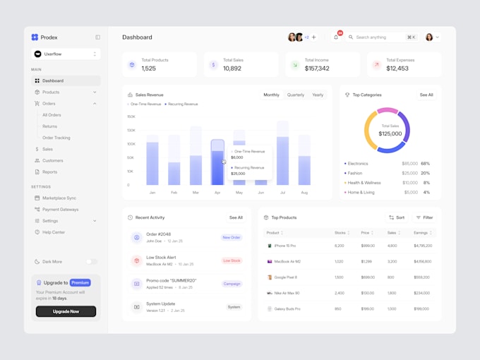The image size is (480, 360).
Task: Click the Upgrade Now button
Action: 66,311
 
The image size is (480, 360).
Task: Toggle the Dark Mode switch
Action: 92,262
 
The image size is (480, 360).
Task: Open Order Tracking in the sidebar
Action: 56,138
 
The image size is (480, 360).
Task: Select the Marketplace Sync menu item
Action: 59,198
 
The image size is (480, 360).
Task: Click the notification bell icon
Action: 336,37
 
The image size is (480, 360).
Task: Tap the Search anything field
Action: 372,37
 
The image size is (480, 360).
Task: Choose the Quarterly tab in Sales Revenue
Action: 296,95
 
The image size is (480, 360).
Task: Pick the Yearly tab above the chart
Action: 318,95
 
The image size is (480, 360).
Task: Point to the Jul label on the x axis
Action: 282,192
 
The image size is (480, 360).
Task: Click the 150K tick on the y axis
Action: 131,116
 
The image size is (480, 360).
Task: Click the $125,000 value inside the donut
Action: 390,133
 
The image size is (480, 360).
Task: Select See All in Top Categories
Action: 426,95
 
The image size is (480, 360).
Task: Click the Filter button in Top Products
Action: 424,217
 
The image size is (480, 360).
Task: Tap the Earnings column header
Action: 421,232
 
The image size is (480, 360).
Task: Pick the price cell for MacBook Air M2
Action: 367,261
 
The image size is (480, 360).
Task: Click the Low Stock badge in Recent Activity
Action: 232,260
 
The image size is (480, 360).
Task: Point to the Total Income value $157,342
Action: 317,68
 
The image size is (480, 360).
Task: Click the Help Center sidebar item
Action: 54,232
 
